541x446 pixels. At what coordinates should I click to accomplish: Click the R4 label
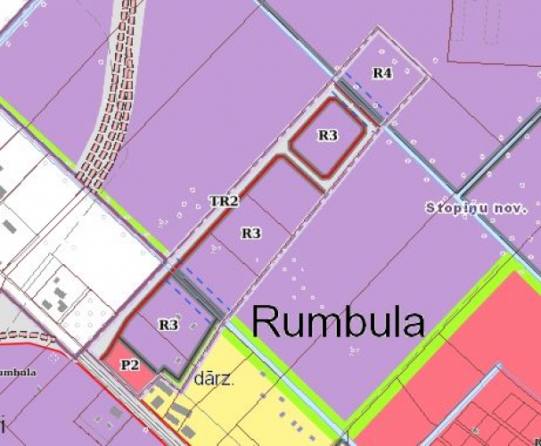click(381, 73)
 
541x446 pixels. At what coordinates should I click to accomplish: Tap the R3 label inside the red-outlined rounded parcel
click(328, 136)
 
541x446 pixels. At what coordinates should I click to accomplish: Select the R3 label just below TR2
click(251, 233)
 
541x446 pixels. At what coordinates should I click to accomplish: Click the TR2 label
click(224, 202)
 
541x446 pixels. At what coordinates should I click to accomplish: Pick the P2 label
click(130, 364)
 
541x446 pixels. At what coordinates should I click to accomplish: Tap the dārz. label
click(213, 379)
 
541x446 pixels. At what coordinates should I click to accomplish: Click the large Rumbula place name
click(338, 320)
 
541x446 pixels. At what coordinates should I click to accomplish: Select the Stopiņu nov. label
click(477, 207)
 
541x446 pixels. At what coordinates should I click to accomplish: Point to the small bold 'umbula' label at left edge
click(17, 372)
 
